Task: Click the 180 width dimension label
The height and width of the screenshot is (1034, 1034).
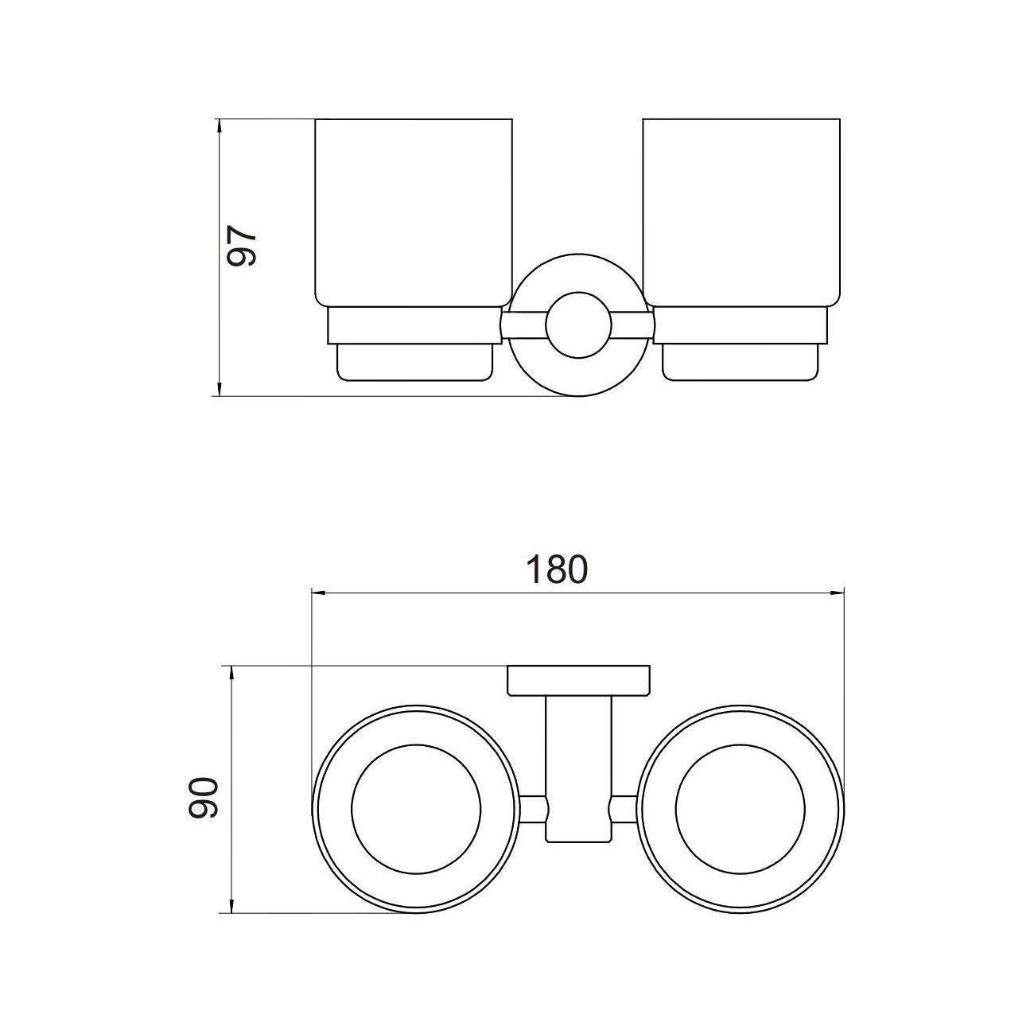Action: coord(557,569)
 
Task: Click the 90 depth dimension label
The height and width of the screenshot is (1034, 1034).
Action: coord(204,797)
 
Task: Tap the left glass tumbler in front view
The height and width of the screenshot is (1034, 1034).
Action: coord(413,212)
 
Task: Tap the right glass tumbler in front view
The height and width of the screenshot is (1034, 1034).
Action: coord(741,212)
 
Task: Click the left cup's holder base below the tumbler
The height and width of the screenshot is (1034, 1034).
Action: coord(415,362)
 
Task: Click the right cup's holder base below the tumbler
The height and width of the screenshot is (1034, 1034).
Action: coord(740,362)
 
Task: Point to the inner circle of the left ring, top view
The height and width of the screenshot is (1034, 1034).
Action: coord(416,809)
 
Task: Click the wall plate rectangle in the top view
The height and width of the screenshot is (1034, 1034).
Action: coord(578,679)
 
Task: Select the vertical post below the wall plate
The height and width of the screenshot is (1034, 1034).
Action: coord(578,764)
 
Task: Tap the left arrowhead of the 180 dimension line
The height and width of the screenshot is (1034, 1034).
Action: coord(317,593)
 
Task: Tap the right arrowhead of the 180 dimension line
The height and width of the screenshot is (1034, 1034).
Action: coord(838,593)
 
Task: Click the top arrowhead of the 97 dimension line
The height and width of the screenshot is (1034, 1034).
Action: coord(217,126)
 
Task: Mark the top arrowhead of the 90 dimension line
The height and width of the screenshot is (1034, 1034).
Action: coord(231,672)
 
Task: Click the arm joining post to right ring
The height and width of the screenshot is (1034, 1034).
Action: coord(624,809)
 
